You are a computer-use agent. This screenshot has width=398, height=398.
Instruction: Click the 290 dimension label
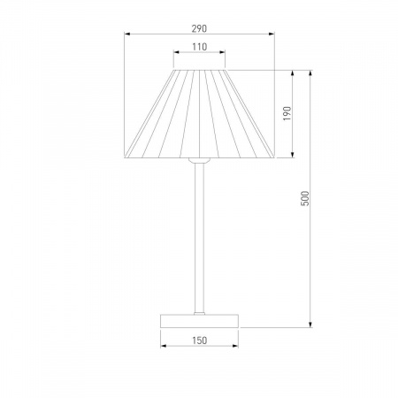click(x=199, y=28)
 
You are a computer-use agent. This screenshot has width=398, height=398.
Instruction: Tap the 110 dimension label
click(x=200, y=47)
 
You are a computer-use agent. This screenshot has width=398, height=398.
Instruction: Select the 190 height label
click(x=287, y=113)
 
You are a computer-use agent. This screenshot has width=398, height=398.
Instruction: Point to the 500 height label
click(x=305, y=198)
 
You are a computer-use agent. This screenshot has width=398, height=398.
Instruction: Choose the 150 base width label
click(x=200, y=341)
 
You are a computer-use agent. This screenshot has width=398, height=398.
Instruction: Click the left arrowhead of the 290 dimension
click(x=127, y=34)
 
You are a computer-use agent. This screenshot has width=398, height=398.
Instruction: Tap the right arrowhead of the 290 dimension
click(x=272, y=34)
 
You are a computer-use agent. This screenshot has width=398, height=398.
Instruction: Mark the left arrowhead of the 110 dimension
click(x=177, y=52)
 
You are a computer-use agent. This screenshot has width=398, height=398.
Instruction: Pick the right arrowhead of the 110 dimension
click(x=222, y=52)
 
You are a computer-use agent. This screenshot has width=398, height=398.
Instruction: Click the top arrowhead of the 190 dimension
click(x=293, y=73)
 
